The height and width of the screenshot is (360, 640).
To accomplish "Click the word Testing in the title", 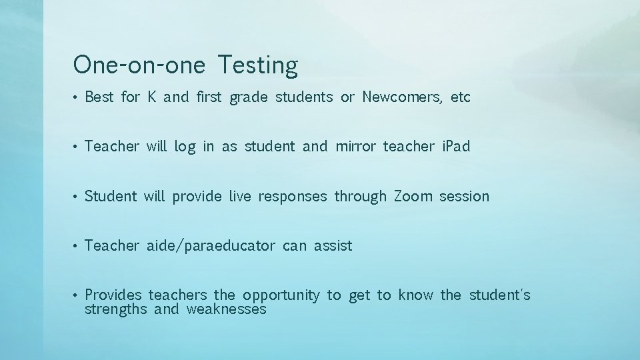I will (258, 66).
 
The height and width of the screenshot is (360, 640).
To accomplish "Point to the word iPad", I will (455, 147).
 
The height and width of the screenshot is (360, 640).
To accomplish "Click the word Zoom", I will (413, 197).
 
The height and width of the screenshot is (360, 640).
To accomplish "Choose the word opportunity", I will (281, 295).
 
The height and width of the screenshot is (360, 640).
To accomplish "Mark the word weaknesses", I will (226, 310).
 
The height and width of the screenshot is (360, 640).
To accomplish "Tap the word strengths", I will (116, 310).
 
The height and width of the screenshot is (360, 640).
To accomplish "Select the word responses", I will (293, 197).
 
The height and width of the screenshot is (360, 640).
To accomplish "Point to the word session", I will (464, 197).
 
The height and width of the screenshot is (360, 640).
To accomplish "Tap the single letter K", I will (152, 97).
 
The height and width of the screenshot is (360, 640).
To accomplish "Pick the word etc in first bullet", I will (461, 97).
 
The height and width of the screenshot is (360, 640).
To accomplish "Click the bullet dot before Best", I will (77, 98).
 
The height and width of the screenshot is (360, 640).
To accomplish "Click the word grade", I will (248, 98).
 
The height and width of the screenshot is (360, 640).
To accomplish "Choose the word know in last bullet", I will (415, 295).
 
